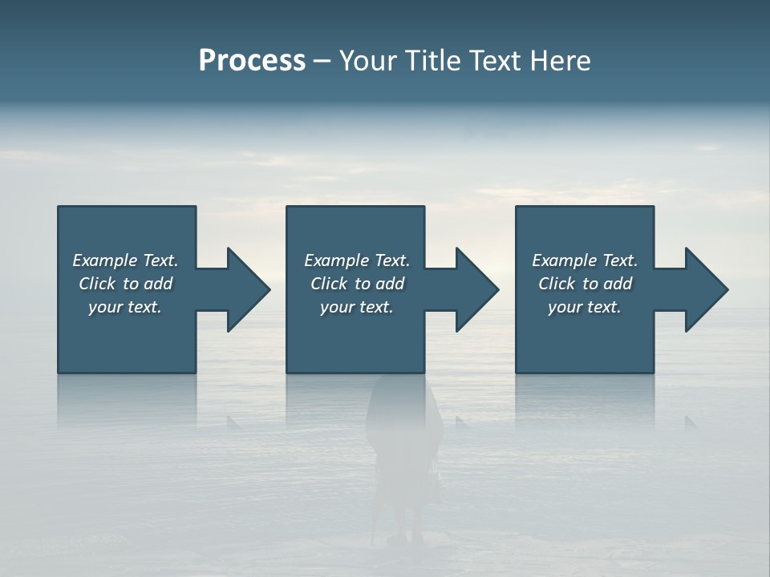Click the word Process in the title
[252, 61]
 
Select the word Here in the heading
[559, 61]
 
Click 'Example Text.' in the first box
[125, 260]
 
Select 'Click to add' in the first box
[125, 284]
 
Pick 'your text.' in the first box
[125, 307]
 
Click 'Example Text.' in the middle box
[357, 260]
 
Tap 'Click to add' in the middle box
[357, 284]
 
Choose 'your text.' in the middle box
[357, 307]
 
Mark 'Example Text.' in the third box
[585, 260]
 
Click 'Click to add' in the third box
[585, 284]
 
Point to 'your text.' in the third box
[585, 307]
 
